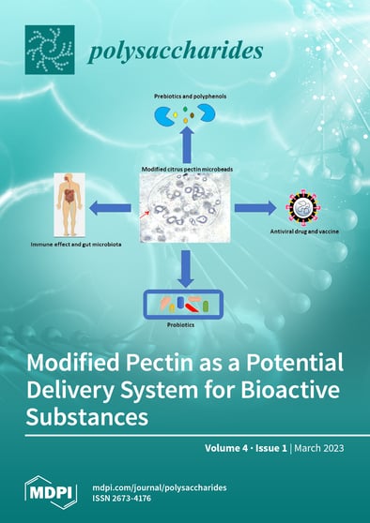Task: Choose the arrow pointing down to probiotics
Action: (x=185, y=268)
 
